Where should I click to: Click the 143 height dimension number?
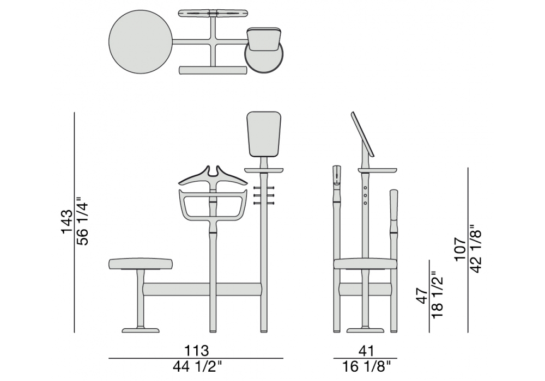click(x=67, y=222)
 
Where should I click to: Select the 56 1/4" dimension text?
click(x=83, y=222)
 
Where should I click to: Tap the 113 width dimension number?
click(x=196, y=351)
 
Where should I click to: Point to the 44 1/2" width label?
click(x=197, y=366)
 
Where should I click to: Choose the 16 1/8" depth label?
click(x=366, y=366)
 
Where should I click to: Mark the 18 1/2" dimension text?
click(x=438, y=294)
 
